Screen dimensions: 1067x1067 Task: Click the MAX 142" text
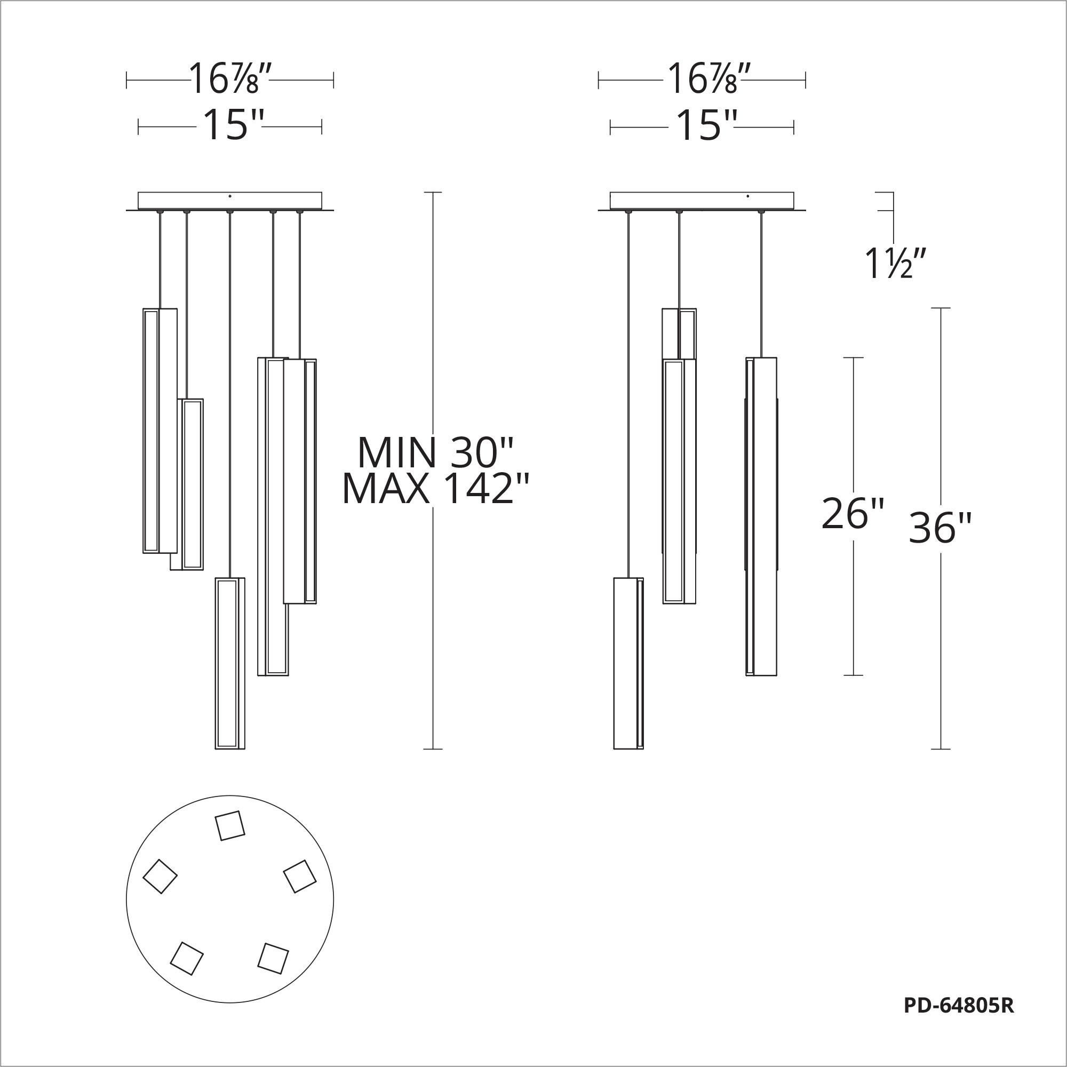[436, 489]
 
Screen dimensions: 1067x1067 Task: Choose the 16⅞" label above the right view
[708, 79]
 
